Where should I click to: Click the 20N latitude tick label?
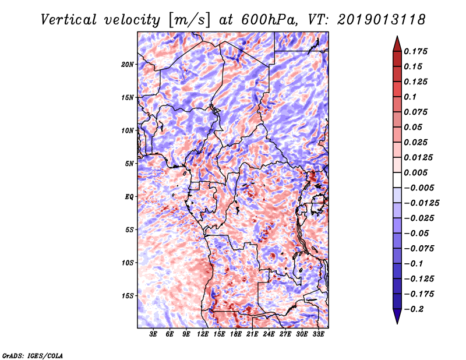click(127, 65)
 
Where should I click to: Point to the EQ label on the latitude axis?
click(129, 197)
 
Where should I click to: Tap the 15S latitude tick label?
click(127, 296)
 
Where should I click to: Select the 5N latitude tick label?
click(129, 164)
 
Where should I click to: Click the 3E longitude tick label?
click(153, 334)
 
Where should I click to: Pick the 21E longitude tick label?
click(252, 334)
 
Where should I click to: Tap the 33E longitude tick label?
click(318, 334)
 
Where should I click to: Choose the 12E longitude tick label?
click(202, 334)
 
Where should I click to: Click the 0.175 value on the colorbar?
click(415, 51)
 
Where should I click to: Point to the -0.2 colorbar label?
click(414, 309)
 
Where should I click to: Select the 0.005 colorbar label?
click(415, 172)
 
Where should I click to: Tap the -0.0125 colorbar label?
click(421, 203)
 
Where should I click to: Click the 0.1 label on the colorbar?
click(410, 97)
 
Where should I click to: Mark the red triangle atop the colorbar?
click(397, 44)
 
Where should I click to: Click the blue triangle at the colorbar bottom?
click(397, 316)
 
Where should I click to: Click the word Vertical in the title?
click(69, 20)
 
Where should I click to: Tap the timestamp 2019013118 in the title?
click(382, 20)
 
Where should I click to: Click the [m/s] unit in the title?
click(189, 20)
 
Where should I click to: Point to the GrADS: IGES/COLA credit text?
click(33, 355)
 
